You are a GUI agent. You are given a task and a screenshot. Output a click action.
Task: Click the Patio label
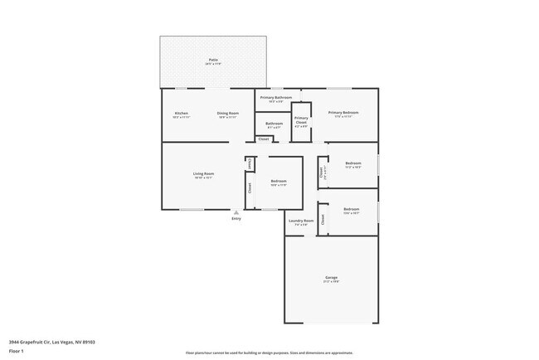click(x=213, y=60)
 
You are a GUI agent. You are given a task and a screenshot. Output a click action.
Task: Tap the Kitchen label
click(x=181, y=113)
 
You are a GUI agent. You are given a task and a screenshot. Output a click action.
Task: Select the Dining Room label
click(x=228, y=113)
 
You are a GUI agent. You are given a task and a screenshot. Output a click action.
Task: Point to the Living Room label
click(x=204, y=173)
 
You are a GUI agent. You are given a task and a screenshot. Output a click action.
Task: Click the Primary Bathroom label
click(x=277, y=98)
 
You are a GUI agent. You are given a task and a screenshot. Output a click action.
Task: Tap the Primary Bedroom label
click(x=343, y=113)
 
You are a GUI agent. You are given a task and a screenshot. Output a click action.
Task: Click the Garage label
click(x=332, y=277)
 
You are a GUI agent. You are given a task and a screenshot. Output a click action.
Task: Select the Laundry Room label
click(x=301, y=221)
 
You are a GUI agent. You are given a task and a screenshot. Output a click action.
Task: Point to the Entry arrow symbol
click(x=236, y=212)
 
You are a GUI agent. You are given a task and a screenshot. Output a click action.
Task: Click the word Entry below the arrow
click(x=236, y=219)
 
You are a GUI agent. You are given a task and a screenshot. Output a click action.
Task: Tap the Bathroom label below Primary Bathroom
click(x=274, y=124)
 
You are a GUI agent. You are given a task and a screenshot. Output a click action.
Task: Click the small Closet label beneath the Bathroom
click(x=263, y=139)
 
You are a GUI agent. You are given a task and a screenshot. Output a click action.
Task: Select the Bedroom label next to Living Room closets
click(x=279, y=181)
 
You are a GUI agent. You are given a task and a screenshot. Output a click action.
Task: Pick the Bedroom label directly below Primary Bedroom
click(x=353, y=163)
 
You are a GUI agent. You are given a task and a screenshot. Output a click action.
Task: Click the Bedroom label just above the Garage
click(x=352, y=209)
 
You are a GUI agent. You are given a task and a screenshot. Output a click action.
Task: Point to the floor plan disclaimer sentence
click(x=269, y=353)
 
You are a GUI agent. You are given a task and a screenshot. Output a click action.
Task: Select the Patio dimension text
click(x=213, y=64)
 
